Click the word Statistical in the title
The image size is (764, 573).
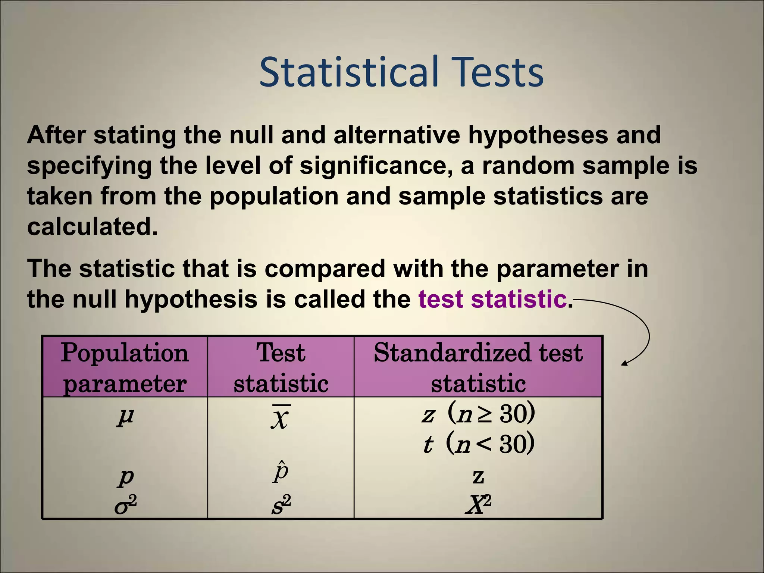tap(348, 72)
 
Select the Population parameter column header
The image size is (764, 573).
tap(125, 367)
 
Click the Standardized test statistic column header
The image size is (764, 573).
tap(478, 367)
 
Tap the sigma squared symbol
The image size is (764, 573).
tap(125, 505)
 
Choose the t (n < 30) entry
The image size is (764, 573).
tap(478, 444)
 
